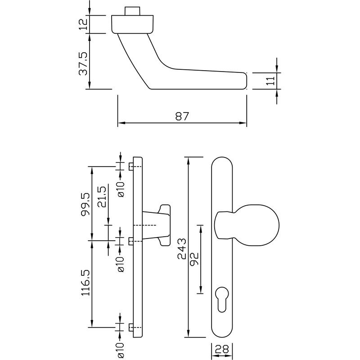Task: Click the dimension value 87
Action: (x=181, y=116)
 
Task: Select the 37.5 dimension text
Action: (x=83, y=63)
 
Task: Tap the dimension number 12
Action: (x=82, y=24)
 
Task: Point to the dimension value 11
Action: (x=270, y=81)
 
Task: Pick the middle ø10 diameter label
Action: (x=121, y=264)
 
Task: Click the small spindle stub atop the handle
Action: (x=132, y=11)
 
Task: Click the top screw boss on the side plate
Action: (x=131, y=166)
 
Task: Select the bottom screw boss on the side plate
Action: (x=131, y=327)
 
